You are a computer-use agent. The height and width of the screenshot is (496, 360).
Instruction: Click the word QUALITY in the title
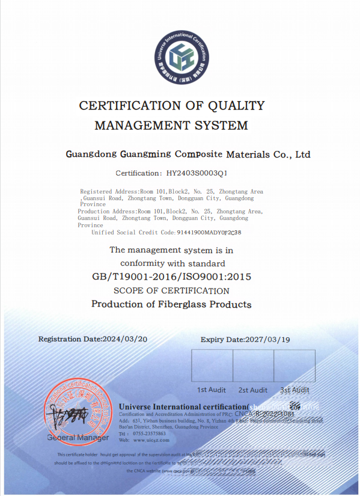coord(236,106)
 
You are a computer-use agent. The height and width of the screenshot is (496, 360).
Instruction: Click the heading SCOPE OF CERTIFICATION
coord(171,291)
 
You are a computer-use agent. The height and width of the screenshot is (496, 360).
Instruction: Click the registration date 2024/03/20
coord(125,339)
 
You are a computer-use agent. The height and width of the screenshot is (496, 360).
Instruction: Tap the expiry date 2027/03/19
coord(268,340)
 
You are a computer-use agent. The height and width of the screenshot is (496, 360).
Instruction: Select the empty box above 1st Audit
coord(212,366)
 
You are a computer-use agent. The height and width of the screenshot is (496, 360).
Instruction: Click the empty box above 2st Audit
coord(253,366)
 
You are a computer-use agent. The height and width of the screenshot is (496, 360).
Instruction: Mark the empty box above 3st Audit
coord(294,366)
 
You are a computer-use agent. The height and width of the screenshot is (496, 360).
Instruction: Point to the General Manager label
coord(70,437)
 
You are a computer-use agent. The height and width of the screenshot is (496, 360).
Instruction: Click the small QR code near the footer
coord(294,406)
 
